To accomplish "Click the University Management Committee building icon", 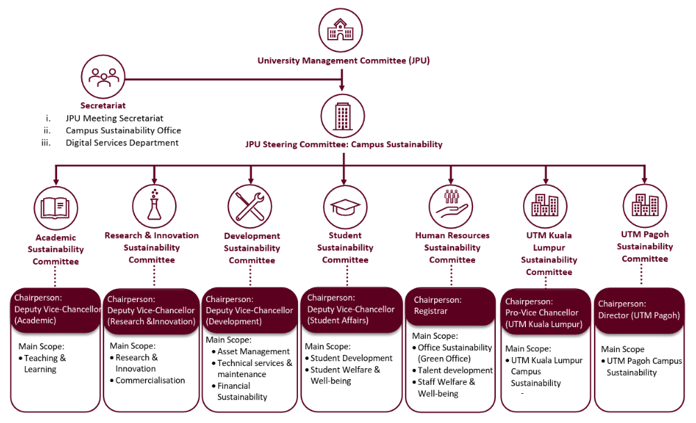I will pyautogui.click(x=341, y=29).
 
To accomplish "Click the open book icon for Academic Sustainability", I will pyautogui.click(x=56, y=207).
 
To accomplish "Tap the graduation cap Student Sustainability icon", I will pyautogui.click(x=345, y=206).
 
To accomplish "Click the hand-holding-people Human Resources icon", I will pyautogui.click(x=451, y=205).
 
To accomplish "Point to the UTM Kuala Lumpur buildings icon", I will pyautogui.click(x=545, y=205).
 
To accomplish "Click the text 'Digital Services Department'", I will pyautogui.click(x=122, y=143).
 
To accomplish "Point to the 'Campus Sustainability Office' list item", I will pyautogui.click(x=123, y=131).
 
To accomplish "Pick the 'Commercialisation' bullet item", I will pyautogui.click(x=150, y=381).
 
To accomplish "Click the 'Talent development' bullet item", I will pyautogui.click(x=455, y=370).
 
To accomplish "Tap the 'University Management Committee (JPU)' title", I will pyautogui.click(x=343, y=60).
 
